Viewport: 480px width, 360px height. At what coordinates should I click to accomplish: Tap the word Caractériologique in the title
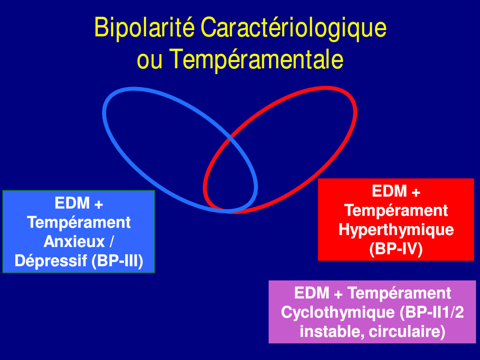click(293, 28)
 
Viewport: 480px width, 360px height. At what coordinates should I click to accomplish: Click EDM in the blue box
click(72, 203)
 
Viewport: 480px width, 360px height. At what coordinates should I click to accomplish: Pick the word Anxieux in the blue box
click(74, 241)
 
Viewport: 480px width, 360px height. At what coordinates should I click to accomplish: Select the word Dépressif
click(51, 261)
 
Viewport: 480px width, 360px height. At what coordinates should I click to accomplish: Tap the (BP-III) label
click(117, 261)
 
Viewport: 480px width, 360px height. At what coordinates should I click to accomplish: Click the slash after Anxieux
click(111, 241)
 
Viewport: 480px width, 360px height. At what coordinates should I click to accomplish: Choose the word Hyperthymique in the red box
click(396, 230)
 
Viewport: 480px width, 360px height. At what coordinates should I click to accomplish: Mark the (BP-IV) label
click(396, 249)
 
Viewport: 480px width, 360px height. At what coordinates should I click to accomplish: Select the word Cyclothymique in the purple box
click(338, 313)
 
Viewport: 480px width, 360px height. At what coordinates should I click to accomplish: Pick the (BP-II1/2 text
click(431, 312)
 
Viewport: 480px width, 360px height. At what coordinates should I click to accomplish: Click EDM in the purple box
click(312, 293)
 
